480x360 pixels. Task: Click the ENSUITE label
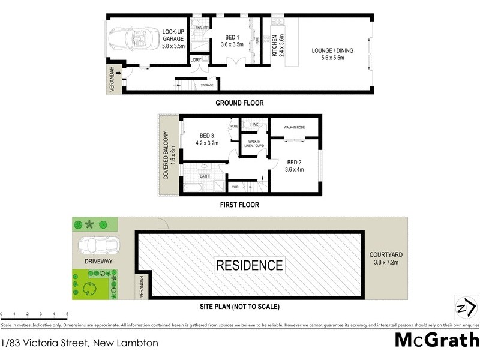pyautogui.click(x=202, y=28)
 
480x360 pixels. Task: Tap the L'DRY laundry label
pyautogui.click(x=196, y=60)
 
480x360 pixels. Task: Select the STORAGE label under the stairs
pyautogui.click(x=207, y=86)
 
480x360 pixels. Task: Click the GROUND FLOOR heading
pyautogui.click(x=239, y=103)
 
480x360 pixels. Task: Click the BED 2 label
pyautogui.click(x=294, y=166)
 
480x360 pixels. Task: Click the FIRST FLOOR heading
pyautogui.click(x=239, y=205)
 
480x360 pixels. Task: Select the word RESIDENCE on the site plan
pyautogui.click(x=249, y=265)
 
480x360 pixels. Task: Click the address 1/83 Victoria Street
pyautogui.click(x=80, y=343)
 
